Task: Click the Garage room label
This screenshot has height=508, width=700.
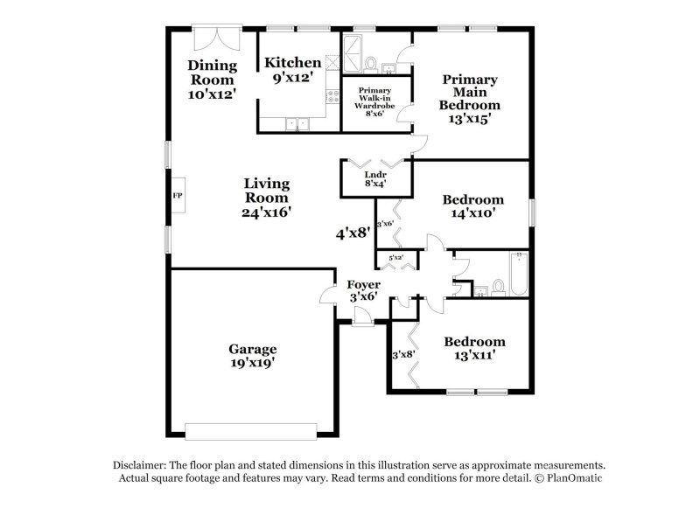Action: click(x=253, y=356)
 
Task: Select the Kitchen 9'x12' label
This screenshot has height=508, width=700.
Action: click(x=293, y=70)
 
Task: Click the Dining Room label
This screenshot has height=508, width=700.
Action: click(x=212, y=80)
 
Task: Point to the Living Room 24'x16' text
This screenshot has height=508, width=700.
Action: click(x=266, y=198)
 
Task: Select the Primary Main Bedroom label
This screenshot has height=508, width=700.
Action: click(x=469, y=99)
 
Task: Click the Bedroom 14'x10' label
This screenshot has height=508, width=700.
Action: click(x=473, y=206)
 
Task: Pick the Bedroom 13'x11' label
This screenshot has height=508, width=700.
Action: click(x=473, y=348)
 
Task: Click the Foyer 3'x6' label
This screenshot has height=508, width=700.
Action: click(x=363, y=292)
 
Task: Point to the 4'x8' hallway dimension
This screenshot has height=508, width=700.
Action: click(x=353, y=233)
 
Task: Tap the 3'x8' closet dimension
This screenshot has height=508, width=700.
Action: click(x=402, y=355)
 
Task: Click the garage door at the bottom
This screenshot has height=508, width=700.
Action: click(x=250, y=431)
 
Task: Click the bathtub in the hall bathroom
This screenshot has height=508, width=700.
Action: click(x=518, y=274)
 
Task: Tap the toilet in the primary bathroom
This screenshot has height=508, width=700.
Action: click(x=371, y=64)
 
